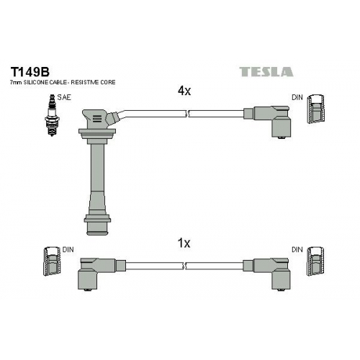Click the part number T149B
30,71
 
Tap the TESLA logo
266,72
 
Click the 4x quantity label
184,91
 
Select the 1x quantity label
184,243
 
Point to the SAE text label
64,97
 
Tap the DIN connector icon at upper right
316,109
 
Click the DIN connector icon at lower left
52,261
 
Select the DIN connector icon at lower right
316,261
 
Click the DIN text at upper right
297,97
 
